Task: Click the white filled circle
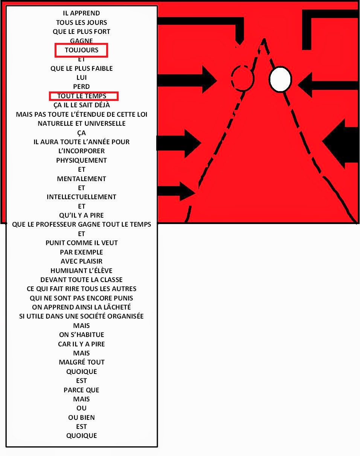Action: tap(280, 79)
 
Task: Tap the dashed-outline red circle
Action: tap(243, 78)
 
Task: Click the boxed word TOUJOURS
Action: tap(81, 50)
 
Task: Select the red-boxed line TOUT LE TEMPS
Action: tap(82, 96)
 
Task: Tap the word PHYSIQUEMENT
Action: tap(81, 160)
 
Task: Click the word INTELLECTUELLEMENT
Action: tap(81, 197)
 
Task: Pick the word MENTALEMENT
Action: tap(81, 178)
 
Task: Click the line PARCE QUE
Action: tap(81, 390)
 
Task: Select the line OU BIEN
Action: tap(81, 417)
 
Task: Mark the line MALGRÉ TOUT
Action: tap(81, 362)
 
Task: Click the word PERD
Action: tap(81, 87)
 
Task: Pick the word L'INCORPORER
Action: tap(81, 151)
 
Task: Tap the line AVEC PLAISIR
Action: tap(81, 261)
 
